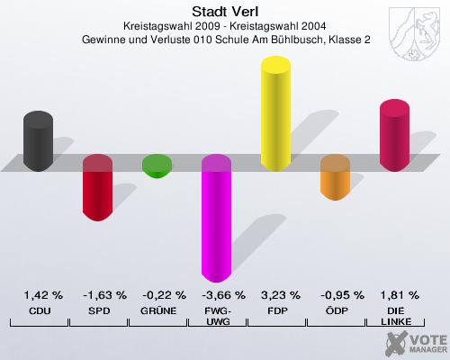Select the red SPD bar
tap(97, 187)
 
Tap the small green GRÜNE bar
tap(157, 166)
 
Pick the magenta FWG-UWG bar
tap(216, 218)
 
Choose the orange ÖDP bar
tap(335, 176)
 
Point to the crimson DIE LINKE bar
tap(394, 135)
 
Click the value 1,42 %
tap(43, 294)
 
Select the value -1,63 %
tap(104, 294)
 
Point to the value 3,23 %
tap(280, 294)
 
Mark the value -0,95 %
tap(341, 294)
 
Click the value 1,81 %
tap(400, 294)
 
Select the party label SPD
tap(99, 310)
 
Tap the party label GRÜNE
tap(158, 310)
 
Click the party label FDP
tap(277, 310)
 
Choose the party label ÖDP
tap(337, 310)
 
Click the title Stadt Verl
tap(225, 12)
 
